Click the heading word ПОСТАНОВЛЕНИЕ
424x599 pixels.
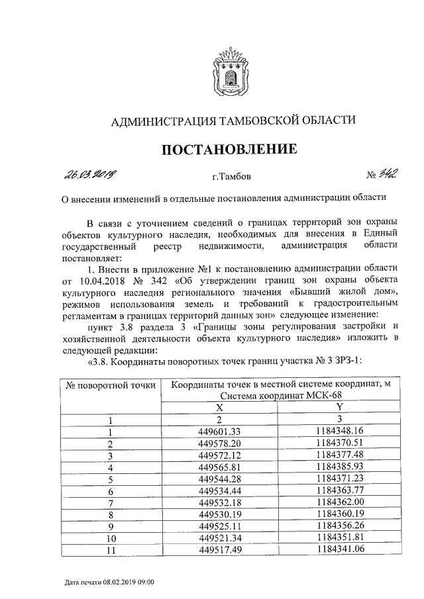[x=229, y=150]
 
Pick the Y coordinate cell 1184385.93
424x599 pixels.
[x=340, y=467]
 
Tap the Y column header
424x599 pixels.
[x=339, y=408]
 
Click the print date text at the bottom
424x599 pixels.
[x=110, y=582]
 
